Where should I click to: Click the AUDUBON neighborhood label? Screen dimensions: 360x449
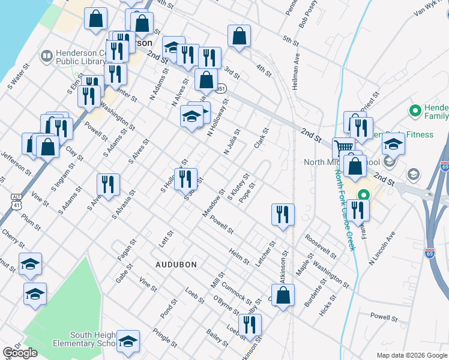point(176,264)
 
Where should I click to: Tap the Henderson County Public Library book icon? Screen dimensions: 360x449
point(46,56)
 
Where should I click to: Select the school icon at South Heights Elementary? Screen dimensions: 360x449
point(127,341)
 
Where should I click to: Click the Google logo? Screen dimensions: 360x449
point(20,353)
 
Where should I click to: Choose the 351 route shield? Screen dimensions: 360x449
point(221,89)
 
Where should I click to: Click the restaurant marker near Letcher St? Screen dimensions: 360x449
point(282,214)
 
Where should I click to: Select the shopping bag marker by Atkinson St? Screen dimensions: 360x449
point(284,295)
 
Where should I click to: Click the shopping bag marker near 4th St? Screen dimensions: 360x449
point(239,36)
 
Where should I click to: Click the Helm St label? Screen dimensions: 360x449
point(240,257)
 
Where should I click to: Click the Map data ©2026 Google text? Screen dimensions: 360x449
point(411,355)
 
